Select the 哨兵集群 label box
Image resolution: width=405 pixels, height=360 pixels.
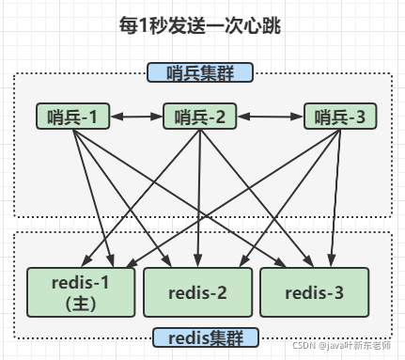200,72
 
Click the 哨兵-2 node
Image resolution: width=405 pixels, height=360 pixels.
199,117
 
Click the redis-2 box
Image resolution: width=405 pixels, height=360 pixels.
197,292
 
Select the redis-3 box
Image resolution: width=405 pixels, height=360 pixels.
316,292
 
